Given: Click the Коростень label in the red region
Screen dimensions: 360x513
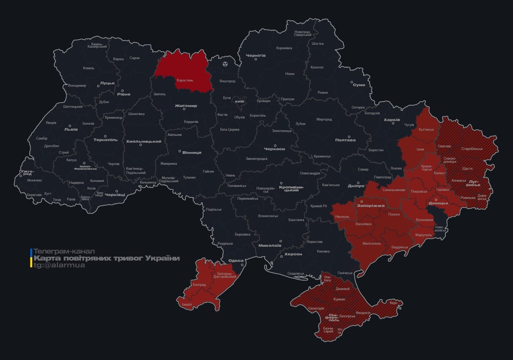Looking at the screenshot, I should (184, 80).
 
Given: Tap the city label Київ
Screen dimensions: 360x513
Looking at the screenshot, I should (239, 101).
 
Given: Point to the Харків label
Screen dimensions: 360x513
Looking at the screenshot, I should (392, 120).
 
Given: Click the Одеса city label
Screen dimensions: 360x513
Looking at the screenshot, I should (235, 261).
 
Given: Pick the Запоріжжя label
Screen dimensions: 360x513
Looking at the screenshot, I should (370, 205).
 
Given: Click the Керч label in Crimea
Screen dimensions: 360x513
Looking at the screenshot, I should (393, 303).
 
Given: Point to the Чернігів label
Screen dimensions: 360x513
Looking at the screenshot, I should (256, 55).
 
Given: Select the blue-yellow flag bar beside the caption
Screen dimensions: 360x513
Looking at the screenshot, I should (31, 258).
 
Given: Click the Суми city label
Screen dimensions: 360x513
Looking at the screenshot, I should (359, 85).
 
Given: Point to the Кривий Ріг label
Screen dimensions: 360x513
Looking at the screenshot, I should (319, 206).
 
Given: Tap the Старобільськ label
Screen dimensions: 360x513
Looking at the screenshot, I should (472, 149).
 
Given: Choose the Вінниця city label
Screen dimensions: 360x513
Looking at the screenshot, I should (191, 153).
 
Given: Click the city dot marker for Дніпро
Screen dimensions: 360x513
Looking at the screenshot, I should (358, 183).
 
